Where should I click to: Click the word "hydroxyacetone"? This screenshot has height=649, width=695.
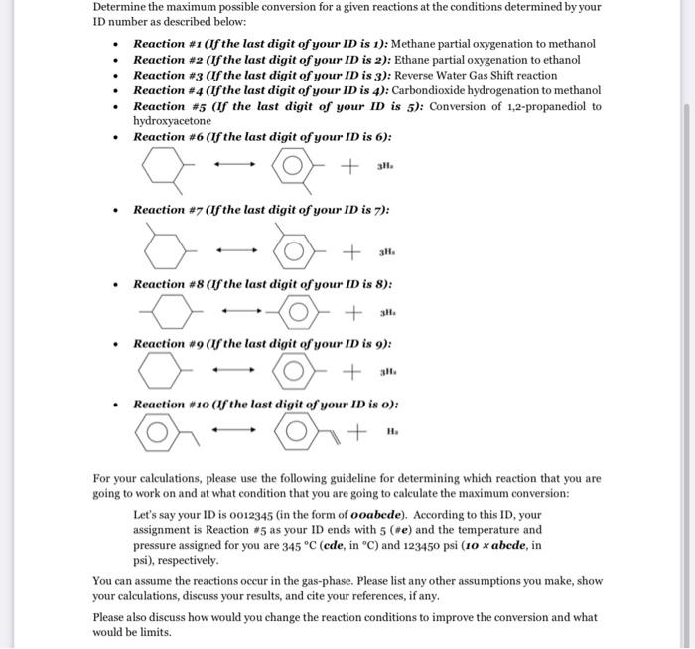point(172,120)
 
